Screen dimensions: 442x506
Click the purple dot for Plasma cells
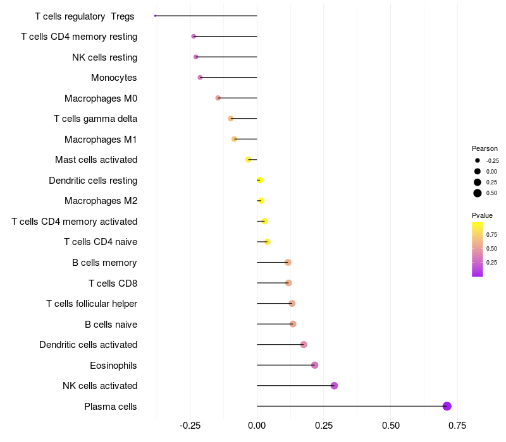tap(447, 406)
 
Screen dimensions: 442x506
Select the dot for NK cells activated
tap(334, 386)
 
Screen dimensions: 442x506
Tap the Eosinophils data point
tap(315, 365)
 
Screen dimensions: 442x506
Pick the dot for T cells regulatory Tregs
tap(155, 16)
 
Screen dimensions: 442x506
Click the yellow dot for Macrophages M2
tap(261, 201)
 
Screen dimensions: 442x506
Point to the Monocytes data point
tap(200, 78)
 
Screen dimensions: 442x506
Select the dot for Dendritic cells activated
tap(304, 344)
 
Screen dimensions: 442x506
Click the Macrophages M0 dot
tap(218, 98)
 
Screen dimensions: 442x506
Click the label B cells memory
tap(104, 263)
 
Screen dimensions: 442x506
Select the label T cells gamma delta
tap(96, 119)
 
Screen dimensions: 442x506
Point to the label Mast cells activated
tap(96, 160)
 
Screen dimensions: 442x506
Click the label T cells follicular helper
tap(92, 304)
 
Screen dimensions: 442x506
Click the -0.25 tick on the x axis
tap(190, 426)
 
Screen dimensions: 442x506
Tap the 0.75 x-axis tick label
tap(457, 426)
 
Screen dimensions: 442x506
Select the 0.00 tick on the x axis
tap(257, 426)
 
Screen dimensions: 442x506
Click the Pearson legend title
tap(485, 148)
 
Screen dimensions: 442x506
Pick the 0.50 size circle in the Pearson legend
tap(478, 193)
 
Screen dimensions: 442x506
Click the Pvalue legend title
tap(483, 215)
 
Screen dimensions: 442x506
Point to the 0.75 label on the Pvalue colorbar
tap(491, 234)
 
